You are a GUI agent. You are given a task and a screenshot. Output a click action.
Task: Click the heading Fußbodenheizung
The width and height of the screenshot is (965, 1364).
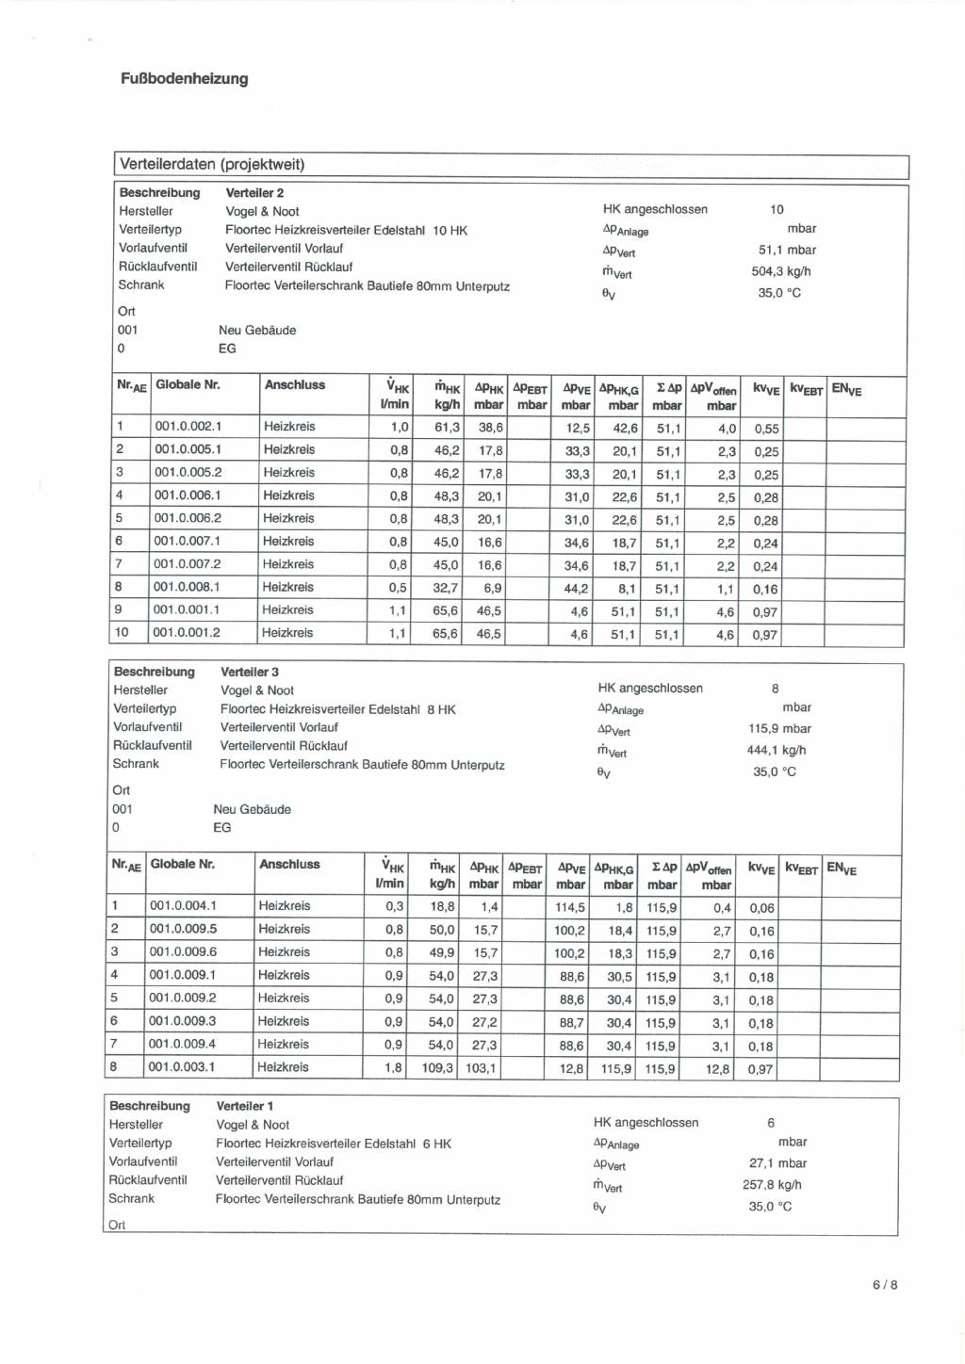pyautogui.click(x=185, y=79)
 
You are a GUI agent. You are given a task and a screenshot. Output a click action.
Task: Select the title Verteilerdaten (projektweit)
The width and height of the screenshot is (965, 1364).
pyautogui.click(x=212, y=164)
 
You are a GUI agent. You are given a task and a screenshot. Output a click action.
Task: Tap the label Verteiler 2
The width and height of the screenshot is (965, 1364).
pyautogui.click(x=254, y=193)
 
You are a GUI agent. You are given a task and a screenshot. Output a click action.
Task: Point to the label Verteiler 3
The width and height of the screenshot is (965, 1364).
pyautogui.click(x=250, y=672)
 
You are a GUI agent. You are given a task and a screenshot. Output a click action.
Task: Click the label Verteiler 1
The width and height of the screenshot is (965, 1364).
pyautogui.click(x=245, y=1106)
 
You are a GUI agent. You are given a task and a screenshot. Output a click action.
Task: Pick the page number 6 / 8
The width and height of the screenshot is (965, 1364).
pyautogui.click(x=885, y=1284)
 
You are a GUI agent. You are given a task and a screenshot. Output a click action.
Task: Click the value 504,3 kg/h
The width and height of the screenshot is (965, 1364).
pyautogui.click(x=781, y=271)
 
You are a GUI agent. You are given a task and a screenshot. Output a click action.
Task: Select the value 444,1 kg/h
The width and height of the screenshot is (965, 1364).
pyautogui.click(x=777, y=751)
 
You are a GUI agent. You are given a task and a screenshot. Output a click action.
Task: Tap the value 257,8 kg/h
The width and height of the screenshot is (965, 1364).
pyautogui.click(x=772, y=1185)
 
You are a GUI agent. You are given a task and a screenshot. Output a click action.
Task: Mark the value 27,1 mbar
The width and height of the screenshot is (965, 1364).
pyautogui.click(x=778, y=1163)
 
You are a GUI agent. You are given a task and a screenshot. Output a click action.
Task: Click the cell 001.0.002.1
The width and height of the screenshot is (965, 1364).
pyautogui.click(x=188, y=427)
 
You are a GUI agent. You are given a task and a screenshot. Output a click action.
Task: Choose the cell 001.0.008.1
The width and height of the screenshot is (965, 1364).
pyautogui.click(x=188, y=587)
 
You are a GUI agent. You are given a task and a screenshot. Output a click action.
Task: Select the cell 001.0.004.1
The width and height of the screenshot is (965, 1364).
pyautogui.click(x=183, y=906)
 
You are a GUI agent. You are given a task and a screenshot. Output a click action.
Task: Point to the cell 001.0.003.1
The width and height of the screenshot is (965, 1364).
pyautogui.click(x=182, y=1067)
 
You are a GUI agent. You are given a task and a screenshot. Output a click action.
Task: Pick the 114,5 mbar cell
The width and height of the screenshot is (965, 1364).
pyautogui.click(x=570, y=908)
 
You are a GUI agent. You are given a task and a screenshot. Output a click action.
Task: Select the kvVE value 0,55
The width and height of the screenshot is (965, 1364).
pyautogui.click(x=766, y=429)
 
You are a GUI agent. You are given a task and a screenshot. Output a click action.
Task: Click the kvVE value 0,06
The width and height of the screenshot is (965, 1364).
pyautogui.click(x=761, y=909)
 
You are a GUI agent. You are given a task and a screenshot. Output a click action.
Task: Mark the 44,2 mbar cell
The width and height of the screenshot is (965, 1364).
pyautogui.click(x=576, y=589)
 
